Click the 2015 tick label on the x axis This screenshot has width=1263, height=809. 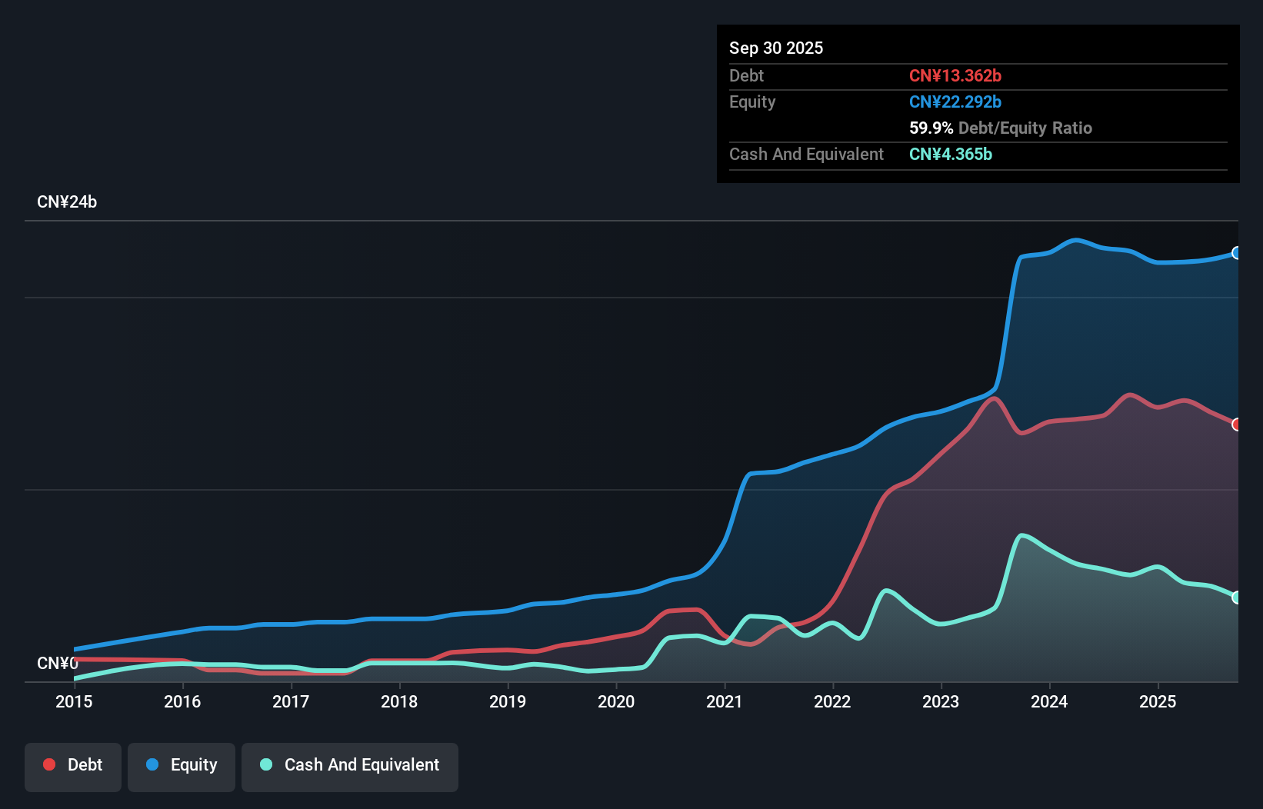(x=74, y=701)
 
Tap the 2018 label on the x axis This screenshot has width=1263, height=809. (x=399, y=701)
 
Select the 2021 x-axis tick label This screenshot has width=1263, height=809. (x=725, y=701)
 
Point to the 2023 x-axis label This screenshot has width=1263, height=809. (x=941, y=701)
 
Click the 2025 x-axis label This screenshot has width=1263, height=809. (x=1158, y=701)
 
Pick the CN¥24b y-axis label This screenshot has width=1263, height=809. (x=67, y=202)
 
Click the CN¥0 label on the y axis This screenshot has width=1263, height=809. (x=58, y=663)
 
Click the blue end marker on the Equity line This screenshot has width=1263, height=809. (x=1237, y=253)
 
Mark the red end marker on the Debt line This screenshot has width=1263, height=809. (x=1237, y=424)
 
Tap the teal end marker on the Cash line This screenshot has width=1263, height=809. (x=1237, y=598)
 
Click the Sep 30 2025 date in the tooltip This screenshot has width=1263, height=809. (x=776, y=48)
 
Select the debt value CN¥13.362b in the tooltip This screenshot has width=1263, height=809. (x=955, y=75)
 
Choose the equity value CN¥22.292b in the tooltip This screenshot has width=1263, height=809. (x=955, y=102)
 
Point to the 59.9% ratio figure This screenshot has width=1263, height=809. (x=931, y=128)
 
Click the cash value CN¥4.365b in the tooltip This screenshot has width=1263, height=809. (x=951, y=154)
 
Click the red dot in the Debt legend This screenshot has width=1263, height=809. (x=49, y=764)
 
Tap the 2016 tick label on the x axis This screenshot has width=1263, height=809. (x=182, y=701)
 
